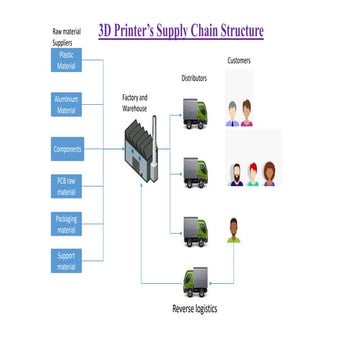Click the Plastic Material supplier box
[67, 61]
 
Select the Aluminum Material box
[67, 106]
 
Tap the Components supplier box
[67, 150]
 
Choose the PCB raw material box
[67, 187]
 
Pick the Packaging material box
[67, 223]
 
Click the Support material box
[67, 261]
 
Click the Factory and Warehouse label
[135, 101]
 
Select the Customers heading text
[239, 61]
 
